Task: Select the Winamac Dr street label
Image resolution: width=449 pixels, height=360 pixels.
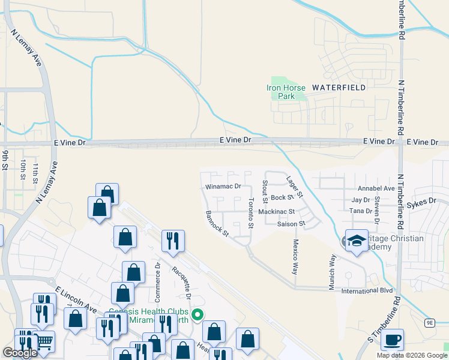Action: (x=223, y=187)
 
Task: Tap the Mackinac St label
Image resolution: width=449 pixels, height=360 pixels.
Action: (x=276, y=212)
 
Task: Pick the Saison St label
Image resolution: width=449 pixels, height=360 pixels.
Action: (x=292, y=224)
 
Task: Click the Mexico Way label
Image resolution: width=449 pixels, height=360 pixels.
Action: (x=295, y=257)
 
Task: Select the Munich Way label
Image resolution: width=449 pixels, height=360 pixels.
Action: (x=332, y=272)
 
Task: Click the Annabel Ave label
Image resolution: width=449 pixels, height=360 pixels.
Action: (x=376, y=188)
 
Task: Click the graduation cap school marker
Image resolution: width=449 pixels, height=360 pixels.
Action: (x=357, y=239)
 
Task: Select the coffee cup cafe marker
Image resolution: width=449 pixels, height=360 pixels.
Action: (x=392, y=340)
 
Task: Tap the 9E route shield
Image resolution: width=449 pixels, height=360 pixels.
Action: (x=430, y=322)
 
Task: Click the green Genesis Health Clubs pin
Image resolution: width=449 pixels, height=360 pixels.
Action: (x=196, y=313)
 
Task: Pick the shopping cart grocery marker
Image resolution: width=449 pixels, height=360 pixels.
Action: (x=45, y=342)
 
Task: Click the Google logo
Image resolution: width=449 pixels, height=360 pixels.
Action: (x=20, y=353)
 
